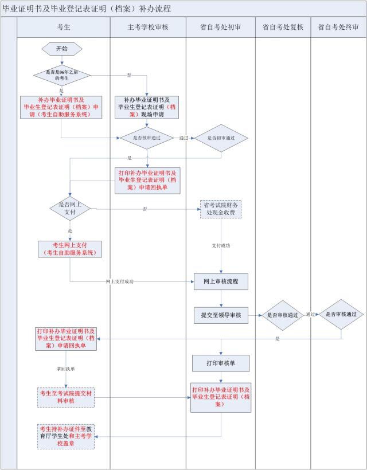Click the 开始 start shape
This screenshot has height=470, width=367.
pyautogui.click(x=62, y=49)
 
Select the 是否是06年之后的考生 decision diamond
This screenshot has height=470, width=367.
pyautogui.click(x=62, y=75)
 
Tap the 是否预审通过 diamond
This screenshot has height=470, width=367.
pyautogui.click(x=147, y=138)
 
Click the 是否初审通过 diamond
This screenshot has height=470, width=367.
pyautogui.click(x=221, y=138)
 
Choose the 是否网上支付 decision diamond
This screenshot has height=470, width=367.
pyautogui.click(x=70, y=208)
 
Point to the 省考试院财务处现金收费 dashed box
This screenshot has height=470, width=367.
pyautogui.click(x=221, y=209)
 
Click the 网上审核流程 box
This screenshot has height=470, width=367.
pyautogui.click(x=221, y=282)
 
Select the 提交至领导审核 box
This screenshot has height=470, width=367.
pyautogui.click(x=221, y=315)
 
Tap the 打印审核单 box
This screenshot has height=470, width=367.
pyautogui.click(x=221, y=363)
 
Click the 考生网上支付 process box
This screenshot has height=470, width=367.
pyautogui.click(x=70, y=249)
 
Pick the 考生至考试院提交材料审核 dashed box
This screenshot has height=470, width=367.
pyautogui.click(x=66, y=397)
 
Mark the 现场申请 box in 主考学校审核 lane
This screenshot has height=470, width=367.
pyautogui.click(x=147, y=107)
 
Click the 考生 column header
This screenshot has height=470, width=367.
pyautogui.click(x=64, y=28)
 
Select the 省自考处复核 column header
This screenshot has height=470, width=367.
pyautogui.click(x=283, y=28)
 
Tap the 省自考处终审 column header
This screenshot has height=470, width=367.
pyautogui.click(x=338, y=28)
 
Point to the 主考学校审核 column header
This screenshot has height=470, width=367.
pyautogui.click(x=148, y=28)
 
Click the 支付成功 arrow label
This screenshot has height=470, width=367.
pyautogui.click(x=221, y=245)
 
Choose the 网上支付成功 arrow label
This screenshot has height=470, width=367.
pyautogui.click(x=120, y=282)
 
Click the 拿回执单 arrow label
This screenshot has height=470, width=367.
pyautogui.click(x=66, y=369)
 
